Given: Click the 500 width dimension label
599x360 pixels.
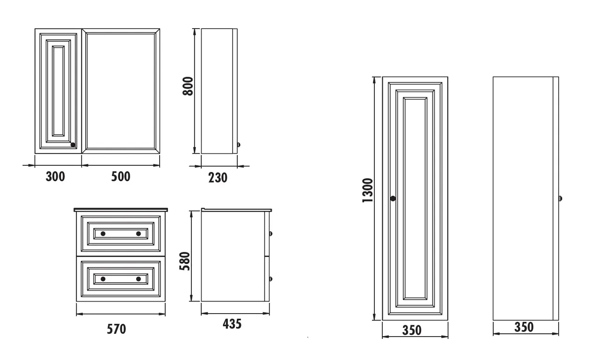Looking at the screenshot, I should coord(121,176).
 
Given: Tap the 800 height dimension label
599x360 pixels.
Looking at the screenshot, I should coord(188,86).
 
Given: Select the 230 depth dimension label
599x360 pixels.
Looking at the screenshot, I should coord(218,177).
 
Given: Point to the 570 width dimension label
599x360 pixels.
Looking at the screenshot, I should coord(117,329).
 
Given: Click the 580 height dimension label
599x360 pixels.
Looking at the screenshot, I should coord(185,262).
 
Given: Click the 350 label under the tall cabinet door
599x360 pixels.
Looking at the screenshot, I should coord(412,330).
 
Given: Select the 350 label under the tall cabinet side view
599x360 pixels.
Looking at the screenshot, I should coord(524,327).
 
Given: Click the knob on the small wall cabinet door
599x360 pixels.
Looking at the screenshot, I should coord(73,145).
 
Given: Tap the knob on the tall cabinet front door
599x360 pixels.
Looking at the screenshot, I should coord(393,198).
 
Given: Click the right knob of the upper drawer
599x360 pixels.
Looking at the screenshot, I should coord(139,233).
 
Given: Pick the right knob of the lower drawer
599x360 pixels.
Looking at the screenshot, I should coord(139,279).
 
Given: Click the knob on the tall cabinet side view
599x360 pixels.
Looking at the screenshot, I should coord(560,198).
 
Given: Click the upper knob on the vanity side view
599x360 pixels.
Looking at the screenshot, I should coord(270,233).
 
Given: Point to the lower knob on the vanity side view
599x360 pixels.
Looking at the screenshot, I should coord(270,279).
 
